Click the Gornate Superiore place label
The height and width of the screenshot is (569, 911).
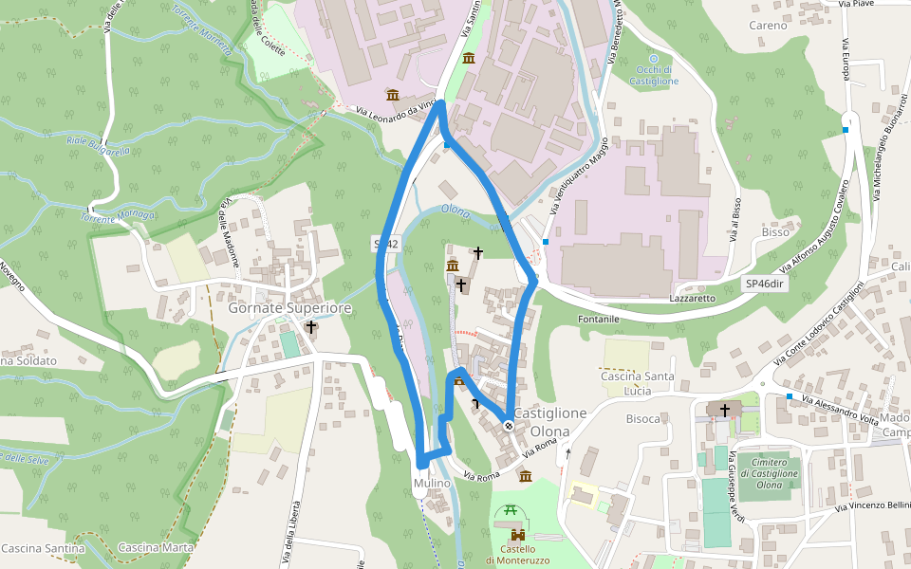(x=289, y=308)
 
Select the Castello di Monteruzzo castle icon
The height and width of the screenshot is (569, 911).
(x=517, y=534)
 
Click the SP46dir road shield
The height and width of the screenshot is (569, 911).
(x=767, y=284)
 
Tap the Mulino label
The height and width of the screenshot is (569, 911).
(x=432, y=484)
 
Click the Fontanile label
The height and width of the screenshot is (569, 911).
(x=599, y=319)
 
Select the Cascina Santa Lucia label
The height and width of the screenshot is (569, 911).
(x=637, y=384)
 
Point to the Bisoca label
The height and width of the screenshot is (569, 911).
(x=643, y=418)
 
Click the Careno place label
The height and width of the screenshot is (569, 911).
(x=768, y=26)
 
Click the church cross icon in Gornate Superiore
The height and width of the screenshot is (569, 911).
(x=310, y=327)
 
